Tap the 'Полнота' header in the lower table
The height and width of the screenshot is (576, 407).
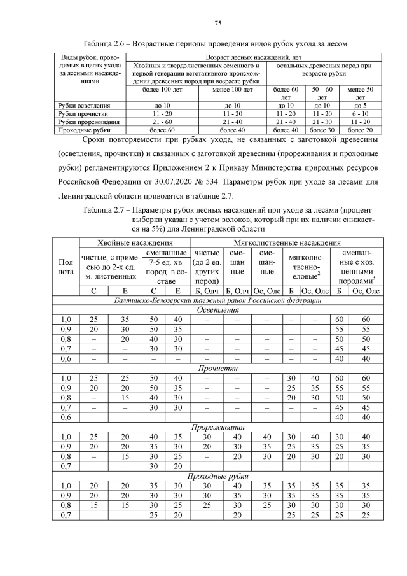(66, 267)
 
